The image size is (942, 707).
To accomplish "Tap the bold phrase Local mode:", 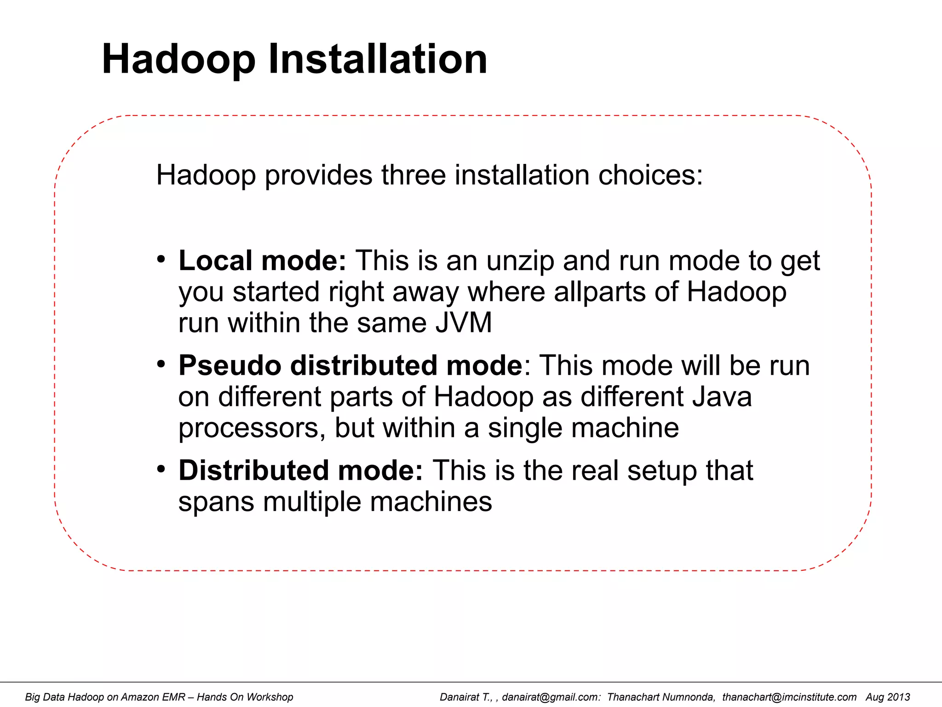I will tap(262, 261).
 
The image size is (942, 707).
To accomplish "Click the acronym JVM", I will tap(464, 323).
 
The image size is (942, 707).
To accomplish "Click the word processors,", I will tap(252, 428).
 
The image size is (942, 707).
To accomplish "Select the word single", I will tap(525, 428).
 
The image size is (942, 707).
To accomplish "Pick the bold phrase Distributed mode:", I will tap(300, 470).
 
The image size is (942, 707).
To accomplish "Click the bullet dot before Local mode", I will tap(161, 259).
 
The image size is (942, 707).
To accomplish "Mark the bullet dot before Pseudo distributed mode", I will tap(161, 364).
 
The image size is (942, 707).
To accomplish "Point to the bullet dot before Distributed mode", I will tap(161, 469).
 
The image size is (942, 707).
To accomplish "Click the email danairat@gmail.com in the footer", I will tap(551, 697).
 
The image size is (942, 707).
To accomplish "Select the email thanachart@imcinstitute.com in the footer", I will tap(789, 697).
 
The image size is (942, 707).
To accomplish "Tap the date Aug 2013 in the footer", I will tap(888, 697).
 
